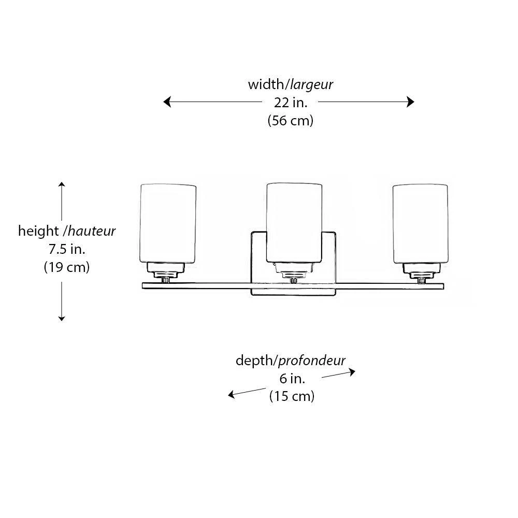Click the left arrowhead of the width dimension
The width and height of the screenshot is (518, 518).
(167, 102)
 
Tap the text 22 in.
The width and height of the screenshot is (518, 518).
(291, 102)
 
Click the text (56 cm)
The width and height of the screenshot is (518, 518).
(291, 121)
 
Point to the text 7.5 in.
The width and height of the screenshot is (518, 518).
(67, 249)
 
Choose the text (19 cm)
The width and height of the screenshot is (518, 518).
(67, 267)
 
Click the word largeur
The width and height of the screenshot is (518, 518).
(311, 84)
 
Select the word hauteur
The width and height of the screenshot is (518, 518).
(92, 231)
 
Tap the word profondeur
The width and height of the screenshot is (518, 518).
(313, 360)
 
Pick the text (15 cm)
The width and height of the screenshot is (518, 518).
(292, 397)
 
